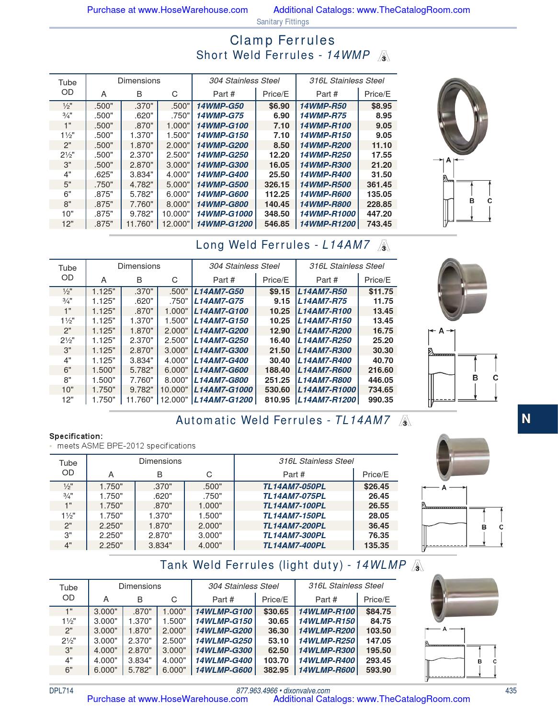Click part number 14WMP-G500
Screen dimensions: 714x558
click(x=222, y=184)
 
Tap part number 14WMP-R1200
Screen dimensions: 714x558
click(x=328, y=224)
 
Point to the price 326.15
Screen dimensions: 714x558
click(x=277, y=184)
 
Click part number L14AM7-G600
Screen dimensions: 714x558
click(x=221, y=370)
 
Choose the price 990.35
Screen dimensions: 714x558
click(x=380, y=400)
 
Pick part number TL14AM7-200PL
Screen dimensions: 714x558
click(x=294, y=526)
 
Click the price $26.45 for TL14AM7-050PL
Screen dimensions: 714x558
click(x=376, y=486)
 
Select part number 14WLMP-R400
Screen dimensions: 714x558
click(x=327, y=660)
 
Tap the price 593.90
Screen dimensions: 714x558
click(x=378, y=670)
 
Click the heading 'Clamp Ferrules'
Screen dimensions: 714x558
click(x=282, y=40)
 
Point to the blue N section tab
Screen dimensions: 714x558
click(x=537, y=419)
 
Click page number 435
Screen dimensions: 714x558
click(x=511, y=691)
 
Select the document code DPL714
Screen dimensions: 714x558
click(x=61, y=691)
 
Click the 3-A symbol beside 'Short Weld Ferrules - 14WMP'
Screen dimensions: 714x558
click(x=384, y=57)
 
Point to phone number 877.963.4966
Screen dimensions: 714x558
click(x=257, y=691)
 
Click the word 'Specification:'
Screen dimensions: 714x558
click(x=76, y=436)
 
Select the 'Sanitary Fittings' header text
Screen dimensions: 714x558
click(x=283, y=22)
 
